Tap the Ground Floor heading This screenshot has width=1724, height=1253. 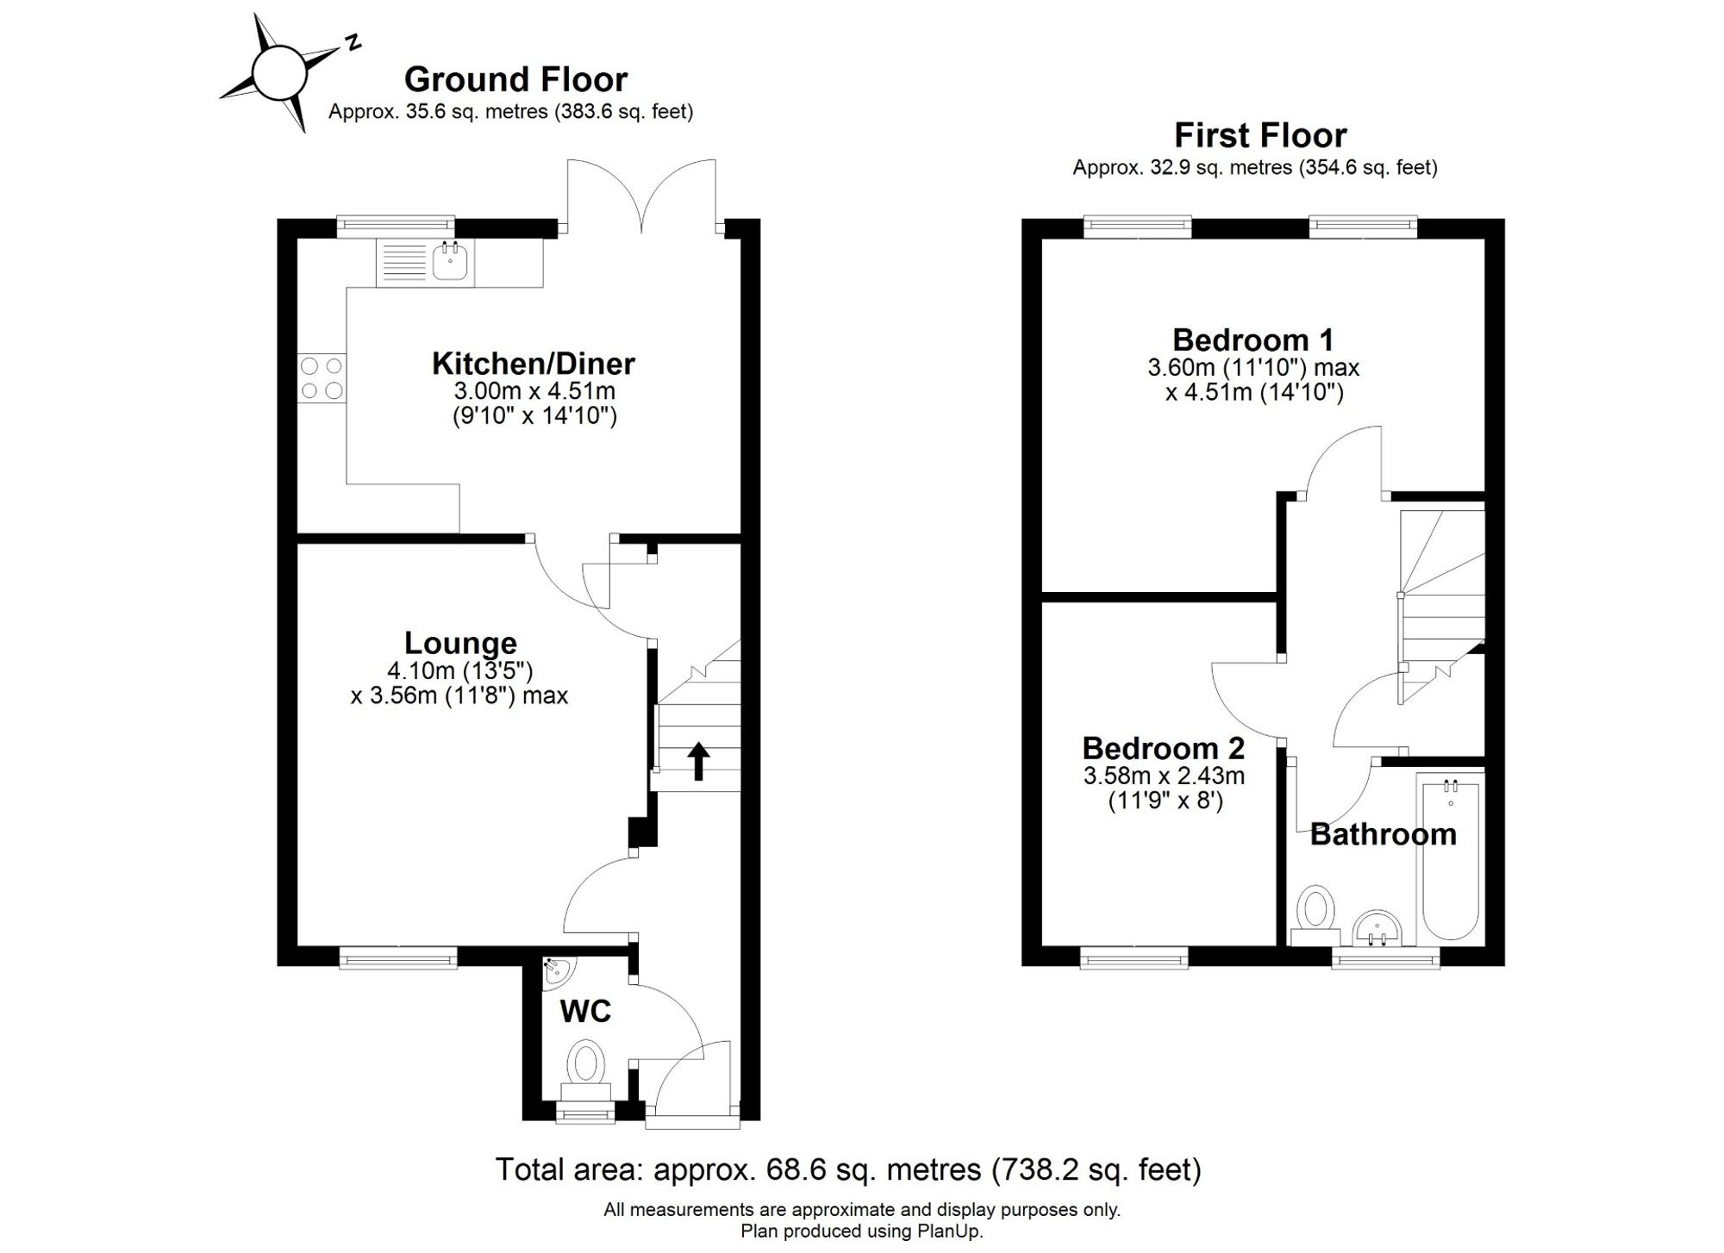point(515,79)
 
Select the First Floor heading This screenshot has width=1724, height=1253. point(1260,135)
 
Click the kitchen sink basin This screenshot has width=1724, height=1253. point(450,261)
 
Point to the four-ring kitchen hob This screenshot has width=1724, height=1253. point(322,378)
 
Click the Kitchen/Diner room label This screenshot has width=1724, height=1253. point(534,364)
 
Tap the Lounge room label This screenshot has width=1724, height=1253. point(460,643)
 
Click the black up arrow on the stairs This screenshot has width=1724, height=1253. point(699,762)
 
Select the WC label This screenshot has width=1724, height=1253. point(585,1011)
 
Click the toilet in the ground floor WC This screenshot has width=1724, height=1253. point(586,1072)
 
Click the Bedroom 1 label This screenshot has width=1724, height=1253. point(1253,340)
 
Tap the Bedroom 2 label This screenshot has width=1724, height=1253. point(1164,748)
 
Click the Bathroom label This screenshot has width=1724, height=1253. point(1383,834)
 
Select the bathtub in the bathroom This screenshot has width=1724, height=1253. point(1451,858)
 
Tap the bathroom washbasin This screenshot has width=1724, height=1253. point(1377,929)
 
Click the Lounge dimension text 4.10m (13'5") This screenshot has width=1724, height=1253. point(460,670)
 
